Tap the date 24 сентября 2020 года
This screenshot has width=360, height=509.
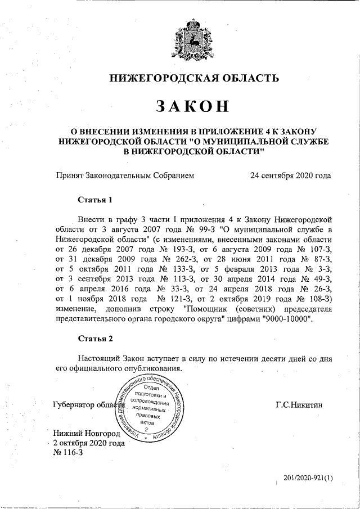pyautogui.click(x=290, y=175)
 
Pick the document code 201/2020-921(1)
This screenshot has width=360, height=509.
pyautogui.click(x=308, y=478)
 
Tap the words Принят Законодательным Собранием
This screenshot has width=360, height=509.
pyautogui.click(x=124, y=175)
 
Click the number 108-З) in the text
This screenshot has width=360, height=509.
pyautogui.click(x=319, y=299)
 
